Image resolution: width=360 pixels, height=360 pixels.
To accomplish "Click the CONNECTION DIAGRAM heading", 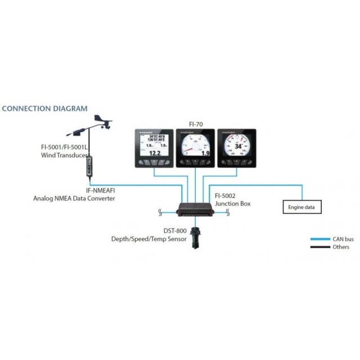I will click(x=45, y=109).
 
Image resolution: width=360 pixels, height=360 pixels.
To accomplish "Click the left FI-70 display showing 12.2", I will click(x=154, y=148).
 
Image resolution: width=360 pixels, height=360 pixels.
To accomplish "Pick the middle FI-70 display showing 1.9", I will click(x=195, y=148).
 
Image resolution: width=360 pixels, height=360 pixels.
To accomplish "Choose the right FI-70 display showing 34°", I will click(x=236, y=148).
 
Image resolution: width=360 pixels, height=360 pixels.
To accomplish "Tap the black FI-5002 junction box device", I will click(x=195, y=211).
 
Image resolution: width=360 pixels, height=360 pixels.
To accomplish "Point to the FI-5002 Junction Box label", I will click(x=232, y=200).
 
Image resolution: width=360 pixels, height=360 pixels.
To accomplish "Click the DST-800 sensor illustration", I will click(x=195, y=236).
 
